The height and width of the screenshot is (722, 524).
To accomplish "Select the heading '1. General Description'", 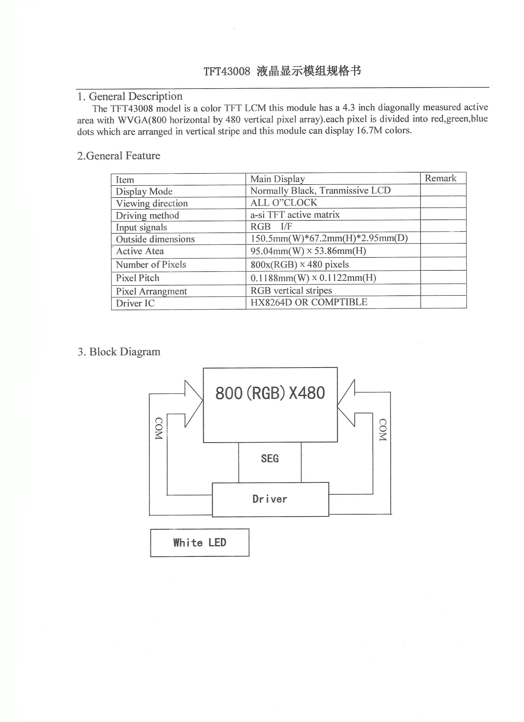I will [x=130, y=96].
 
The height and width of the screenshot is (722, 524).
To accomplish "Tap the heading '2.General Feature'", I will [x=119, y=156].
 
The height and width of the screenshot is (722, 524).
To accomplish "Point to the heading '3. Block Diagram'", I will [x=119, y=352].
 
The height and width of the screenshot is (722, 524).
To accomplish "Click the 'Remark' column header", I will [x=440, y=178].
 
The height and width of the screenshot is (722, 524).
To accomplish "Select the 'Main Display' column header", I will [x=278, y=179].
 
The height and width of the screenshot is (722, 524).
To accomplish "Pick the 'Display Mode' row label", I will [x=144, y=191].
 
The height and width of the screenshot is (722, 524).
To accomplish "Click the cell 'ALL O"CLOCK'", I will [x=284, y=202].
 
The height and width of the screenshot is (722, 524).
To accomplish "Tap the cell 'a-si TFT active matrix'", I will [x=295, y=215].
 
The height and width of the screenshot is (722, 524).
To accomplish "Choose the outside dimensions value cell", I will [x=329, y=238].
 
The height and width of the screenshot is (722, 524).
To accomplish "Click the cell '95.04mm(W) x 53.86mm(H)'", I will [x=308, y=251].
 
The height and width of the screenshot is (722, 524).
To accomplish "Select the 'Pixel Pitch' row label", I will [x=137, y=278].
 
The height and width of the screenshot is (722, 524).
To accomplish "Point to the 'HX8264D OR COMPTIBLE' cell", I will [x=309, y=302].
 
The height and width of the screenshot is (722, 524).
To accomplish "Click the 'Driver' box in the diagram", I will [x=270, y=499].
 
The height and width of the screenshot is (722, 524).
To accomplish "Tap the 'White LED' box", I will [x=200, y=542].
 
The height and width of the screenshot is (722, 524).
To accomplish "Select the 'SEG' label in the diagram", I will [x=270, y=458].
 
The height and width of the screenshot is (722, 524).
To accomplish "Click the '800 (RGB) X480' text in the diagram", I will [x=270, y=393].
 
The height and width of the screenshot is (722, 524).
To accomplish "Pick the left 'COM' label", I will [x=159, y=428].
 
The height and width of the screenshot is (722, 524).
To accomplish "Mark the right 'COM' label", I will [x=383, y=430].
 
